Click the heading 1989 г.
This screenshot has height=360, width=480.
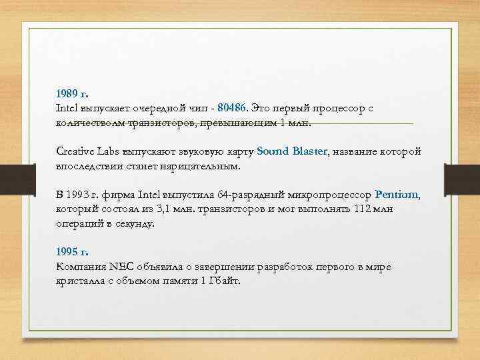[x=73, y=94]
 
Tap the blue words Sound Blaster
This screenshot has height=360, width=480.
[x=292, y=151]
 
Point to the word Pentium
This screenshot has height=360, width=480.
[x=397, y=195]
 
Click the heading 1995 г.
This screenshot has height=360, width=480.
[x=73, y=253]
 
